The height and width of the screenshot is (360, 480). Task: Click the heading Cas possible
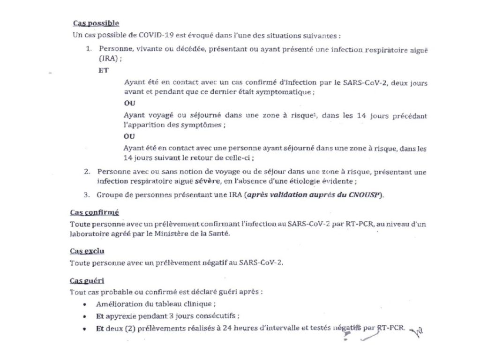(96, 23)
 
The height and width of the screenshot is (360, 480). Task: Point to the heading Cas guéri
(87, 280)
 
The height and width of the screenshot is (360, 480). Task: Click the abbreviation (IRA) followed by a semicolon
(107, 59)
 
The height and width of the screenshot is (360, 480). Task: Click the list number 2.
(87, 172)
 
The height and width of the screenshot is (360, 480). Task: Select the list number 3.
(87, 195)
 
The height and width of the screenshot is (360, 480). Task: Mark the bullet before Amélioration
(83, 304)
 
